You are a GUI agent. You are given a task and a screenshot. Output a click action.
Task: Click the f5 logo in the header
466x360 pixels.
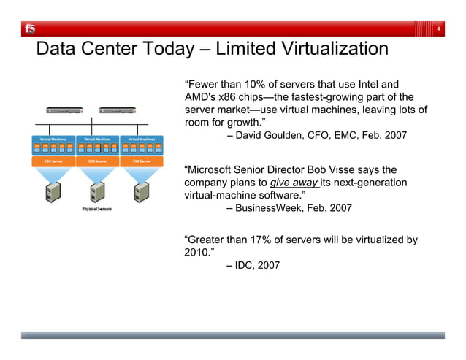29,28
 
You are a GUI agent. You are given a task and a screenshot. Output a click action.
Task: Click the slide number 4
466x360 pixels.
437,28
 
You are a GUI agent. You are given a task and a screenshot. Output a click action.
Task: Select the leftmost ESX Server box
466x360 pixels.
53,161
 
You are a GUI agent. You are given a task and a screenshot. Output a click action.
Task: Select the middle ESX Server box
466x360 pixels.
97,161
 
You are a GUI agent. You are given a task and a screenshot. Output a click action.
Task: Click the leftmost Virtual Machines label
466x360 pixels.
53,138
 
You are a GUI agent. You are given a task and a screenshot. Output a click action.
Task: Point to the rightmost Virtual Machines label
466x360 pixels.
141,138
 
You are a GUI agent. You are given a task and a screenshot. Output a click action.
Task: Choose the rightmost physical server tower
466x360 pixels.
141,193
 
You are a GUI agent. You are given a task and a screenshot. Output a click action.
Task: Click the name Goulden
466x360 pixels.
289,135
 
